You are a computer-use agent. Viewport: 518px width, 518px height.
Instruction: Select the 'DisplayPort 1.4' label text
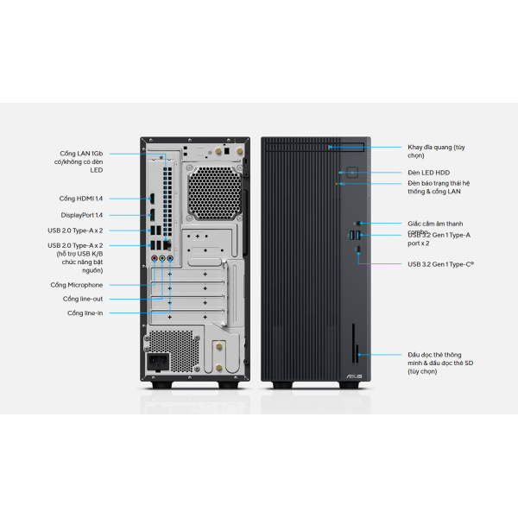pos(81,215)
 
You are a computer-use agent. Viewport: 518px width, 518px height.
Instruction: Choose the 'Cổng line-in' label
pos(83,313)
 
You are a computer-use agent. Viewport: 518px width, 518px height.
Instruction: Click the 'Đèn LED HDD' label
pos(429,173)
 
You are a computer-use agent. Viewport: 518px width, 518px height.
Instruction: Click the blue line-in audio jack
pos(170,257)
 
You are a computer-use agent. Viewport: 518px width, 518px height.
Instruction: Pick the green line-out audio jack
pos(162,257)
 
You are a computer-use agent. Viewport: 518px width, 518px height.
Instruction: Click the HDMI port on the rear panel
pos(152,198)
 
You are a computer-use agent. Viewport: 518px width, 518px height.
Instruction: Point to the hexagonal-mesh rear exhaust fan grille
pos(212,194)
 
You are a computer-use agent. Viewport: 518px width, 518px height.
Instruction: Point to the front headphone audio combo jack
pos(357,224)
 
